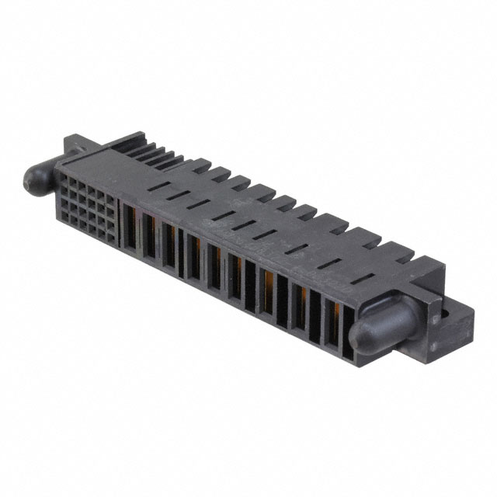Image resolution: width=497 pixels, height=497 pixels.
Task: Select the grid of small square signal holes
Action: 93,205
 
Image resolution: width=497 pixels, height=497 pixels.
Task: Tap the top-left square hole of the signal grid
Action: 69,180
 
